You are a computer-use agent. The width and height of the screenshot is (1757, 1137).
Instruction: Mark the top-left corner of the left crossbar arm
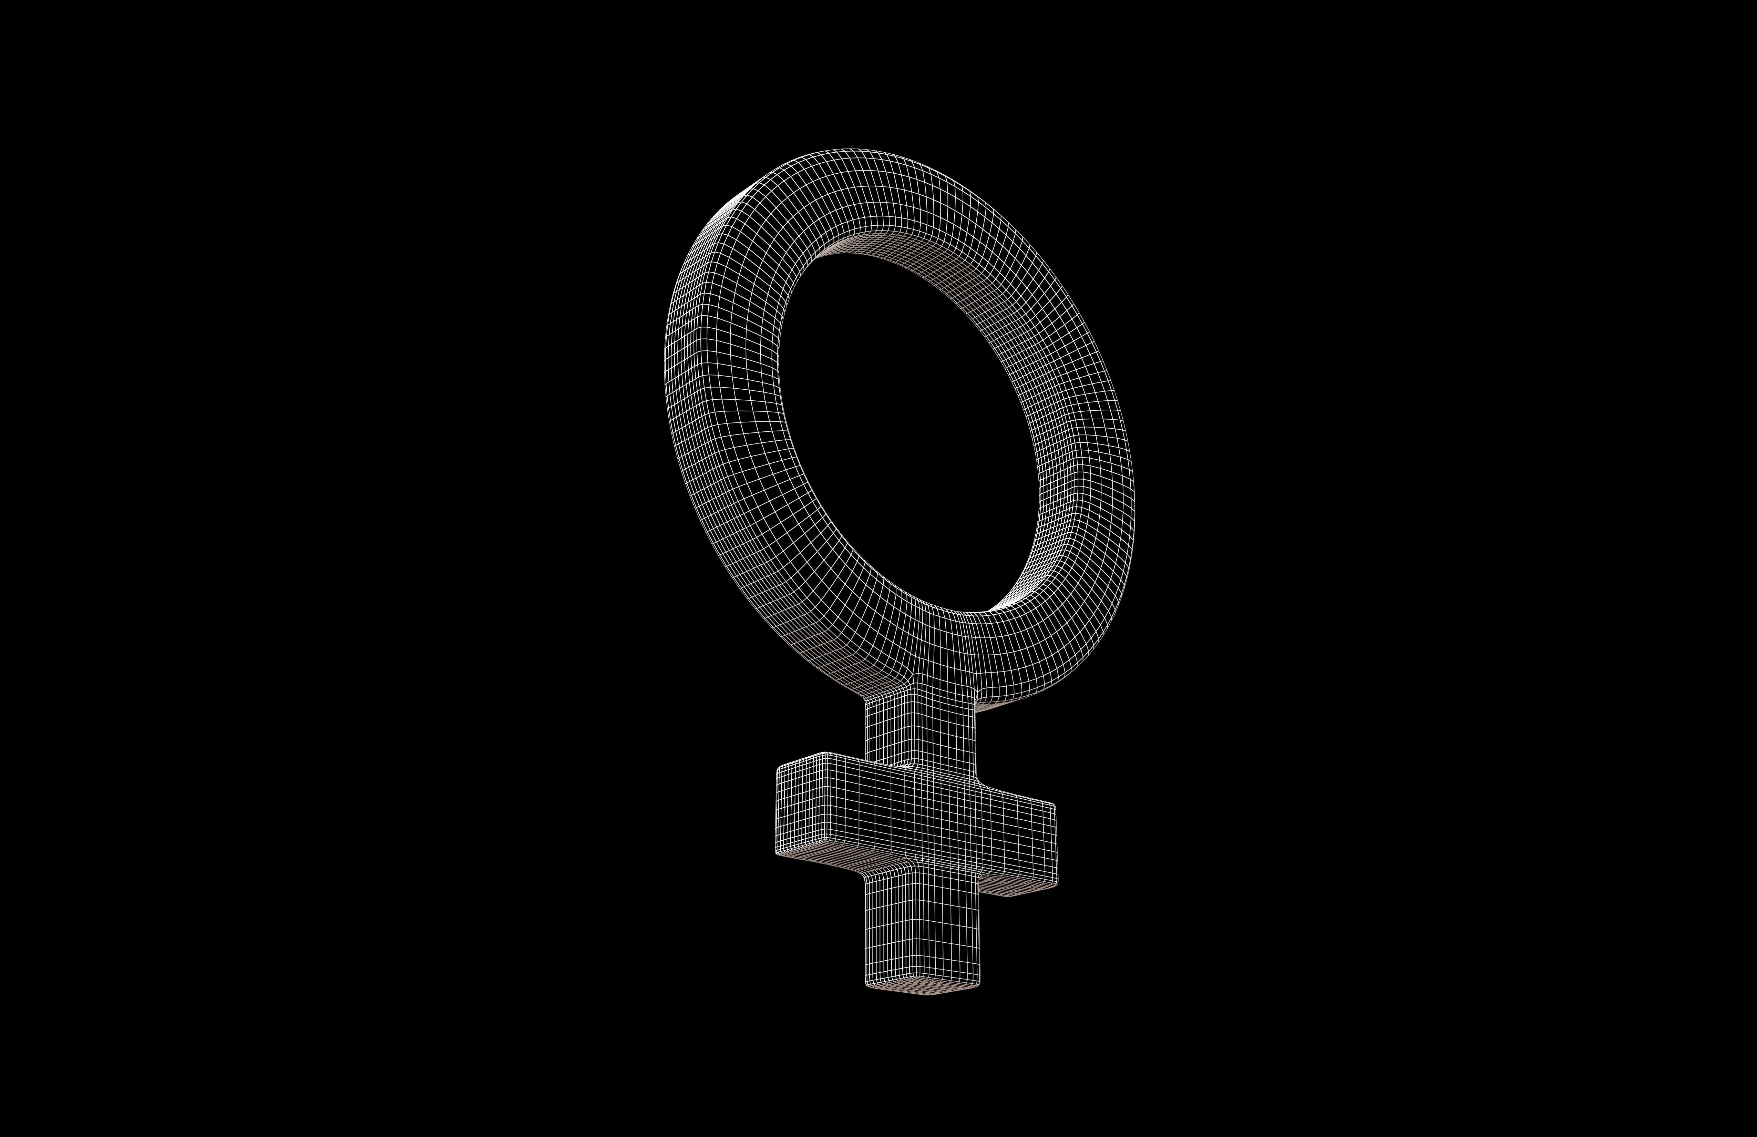[x=781, y=768]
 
